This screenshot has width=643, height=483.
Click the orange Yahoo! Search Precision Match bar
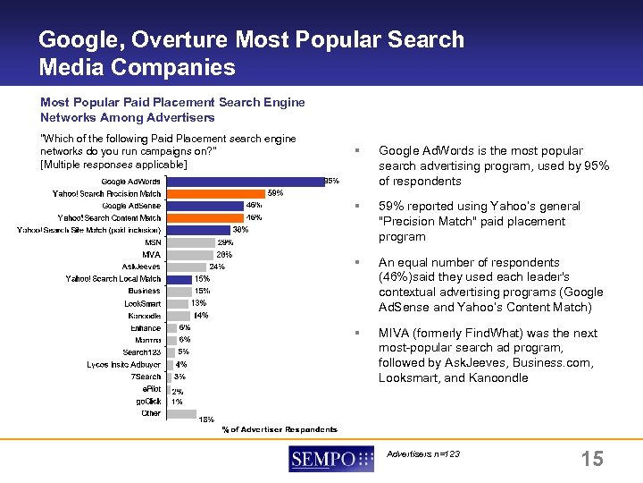tap(215, 193)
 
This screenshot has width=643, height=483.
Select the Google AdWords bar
tap(244, 182)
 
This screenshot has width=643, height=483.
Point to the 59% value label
tap(276, 192)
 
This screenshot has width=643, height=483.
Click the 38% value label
tap(240, 230)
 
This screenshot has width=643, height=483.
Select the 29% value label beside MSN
tap(225, 242)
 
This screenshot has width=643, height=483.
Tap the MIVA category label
tap(151, 255)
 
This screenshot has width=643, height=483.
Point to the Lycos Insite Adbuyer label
tap(123, 365)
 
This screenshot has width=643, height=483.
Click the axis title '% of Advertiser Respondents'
tap(280, 430)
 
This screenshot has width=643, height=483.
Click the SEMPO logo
tap(330, 460)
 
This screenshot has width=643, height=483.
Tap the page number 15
tap(591, 460)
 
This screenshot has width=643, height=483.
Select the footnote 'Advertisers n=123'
tap(423, 454)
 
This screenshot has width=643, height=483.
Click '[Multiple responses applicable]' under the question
tap(113, 165)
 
